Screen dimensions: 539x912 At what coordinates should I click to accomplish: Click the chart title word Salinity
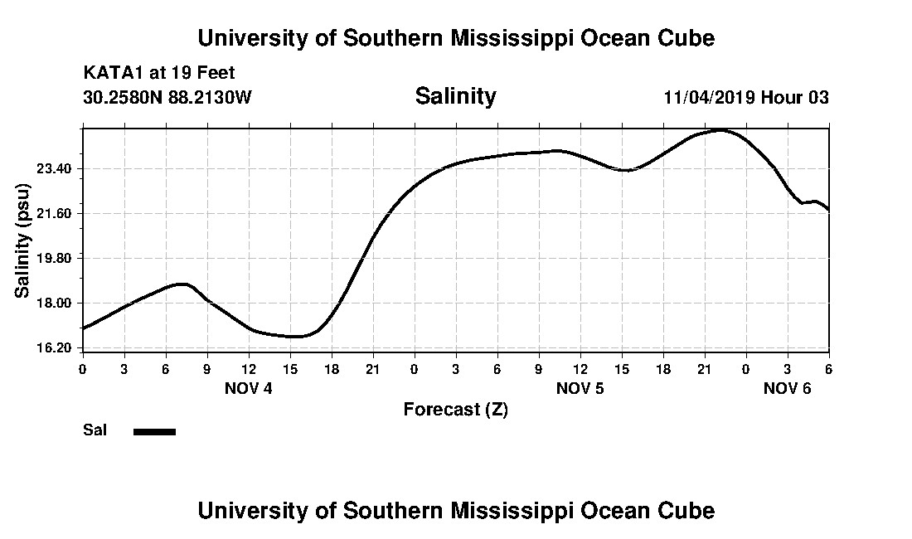(455, 96)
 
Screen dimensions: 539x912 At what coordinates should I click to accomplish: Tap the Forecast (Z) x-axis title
(455, 409)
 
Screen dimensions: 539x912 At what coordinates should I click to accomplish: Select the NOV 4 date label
(249, 388)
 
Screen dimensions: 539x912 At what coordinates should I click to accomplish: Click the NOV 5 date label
(580, 388)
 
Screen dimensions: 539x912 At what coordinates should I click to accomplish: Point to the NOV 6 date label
(787, 388)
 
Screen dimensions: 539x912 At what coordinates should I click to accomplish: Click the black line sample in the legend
(155, 431)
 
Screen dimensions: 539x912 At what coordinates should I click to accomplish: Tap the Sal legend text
(95, 430)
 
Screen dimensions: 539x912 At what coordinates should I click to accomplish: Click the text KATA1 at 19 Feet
(159, 73)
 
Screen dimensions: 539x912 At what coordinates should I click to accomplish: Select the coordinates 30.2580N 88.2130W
(167, 97)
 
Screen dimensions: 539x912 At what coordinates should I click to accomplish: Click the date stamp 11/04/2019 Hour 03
(746, 97)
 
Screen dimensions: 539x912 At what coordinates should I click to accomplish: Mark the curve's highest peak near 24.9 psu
(721, 130)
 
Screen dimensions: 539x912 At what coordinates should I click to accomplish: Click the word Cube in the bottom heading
(689, 510)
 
